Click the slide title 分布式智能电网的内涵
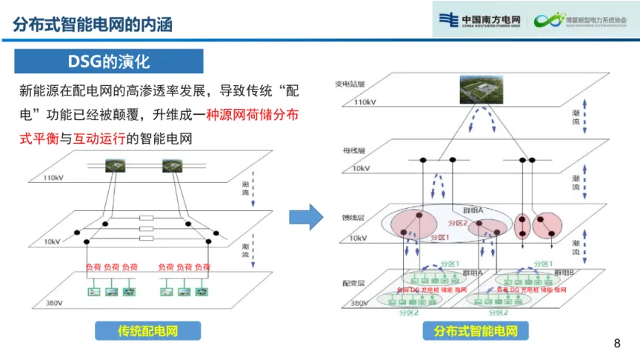(93, 24)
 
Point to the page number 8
(618, 343)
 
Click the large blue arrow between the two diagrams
(305, 216)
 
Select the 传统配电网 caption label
(148, 330)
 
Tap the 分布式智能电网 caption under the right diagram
(476, 331)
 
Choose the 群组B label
(568, 273)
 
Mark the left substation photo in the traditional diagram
(115, 166)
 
